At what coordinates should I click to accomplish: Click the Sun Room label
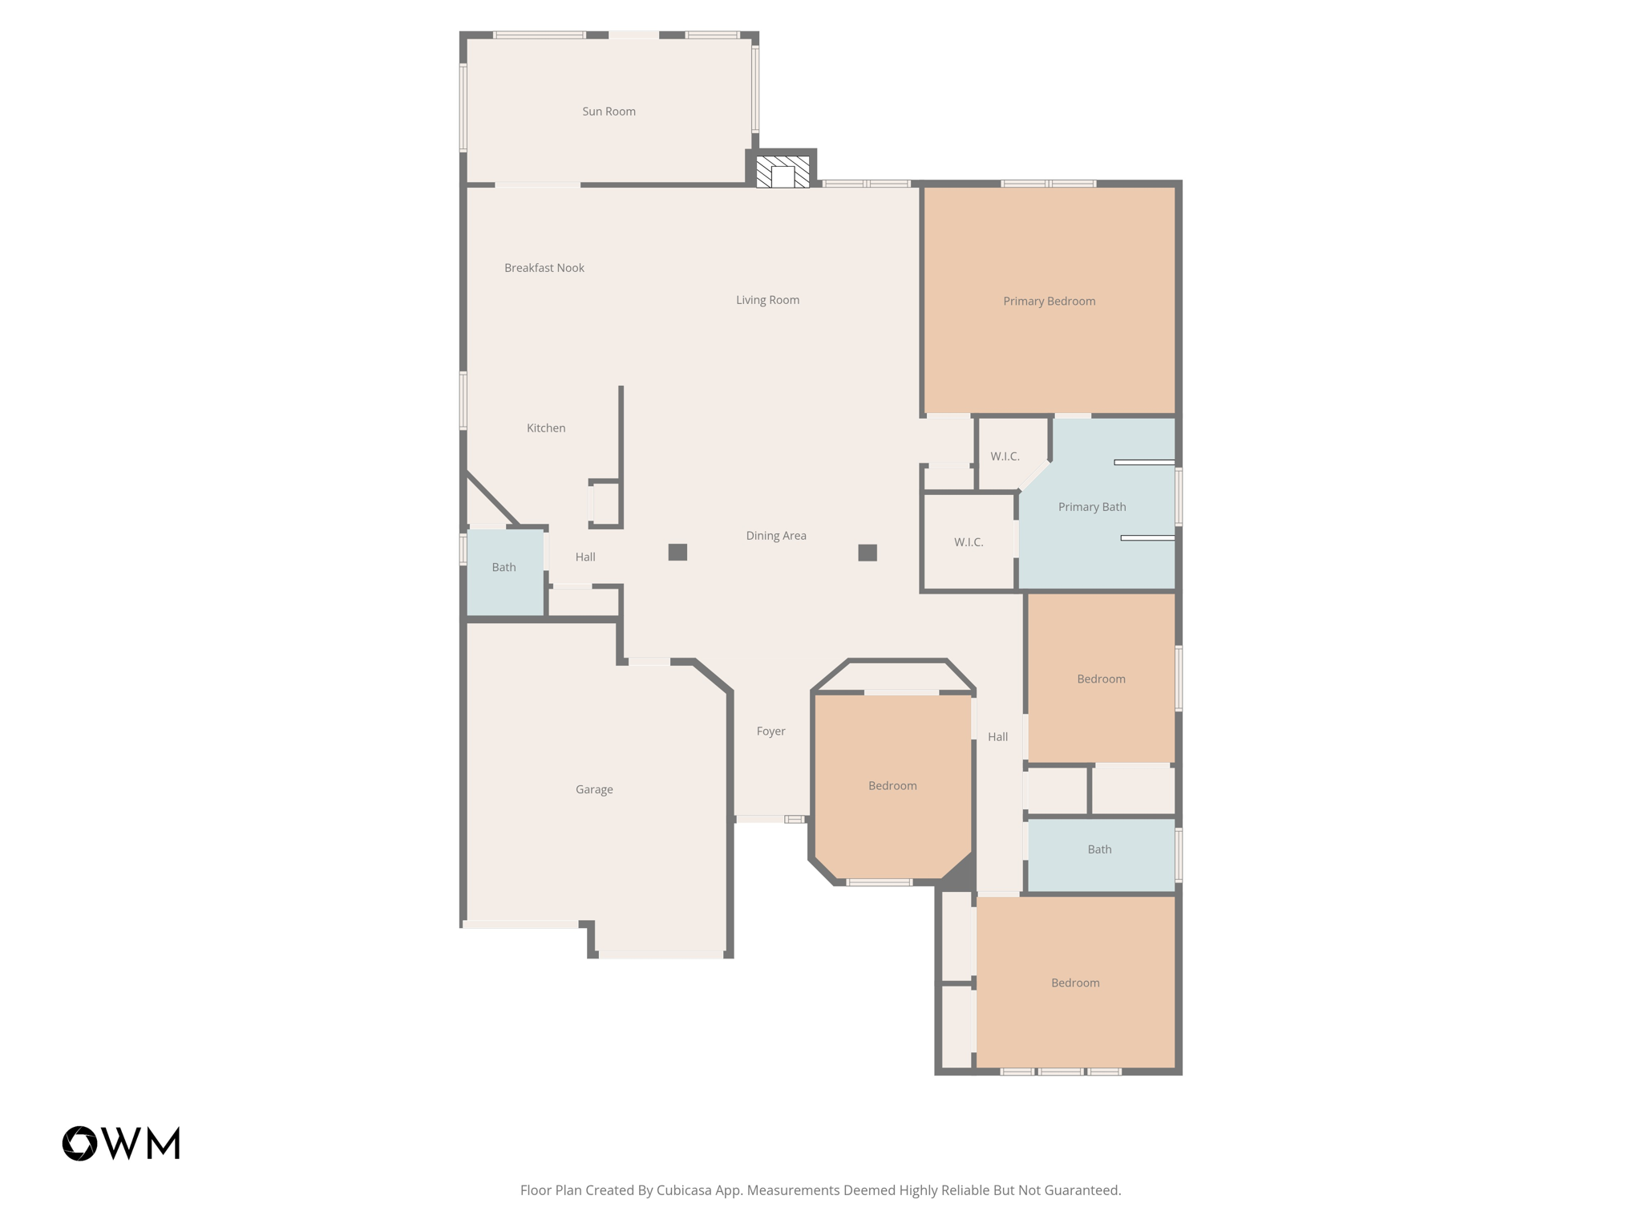click(x=609, y=111)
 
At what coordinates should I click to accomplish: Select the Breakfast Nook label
click(x=544, y=268)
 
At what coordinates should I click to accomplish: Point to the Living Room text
click(x=767, y=300)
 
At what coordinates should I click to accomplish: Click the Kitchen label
click(x=545, y=428)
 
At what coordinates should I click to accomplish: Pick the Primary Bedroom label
click(x=1049, y=302)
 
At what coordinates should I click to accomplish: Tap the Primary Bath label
click(x=1091, y=507)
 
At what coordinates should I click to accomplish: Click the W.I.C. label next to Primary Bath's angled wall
click(x=1004, y=456)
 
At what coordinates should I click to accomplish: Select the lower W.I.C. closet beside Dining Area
click(x=968, y=542)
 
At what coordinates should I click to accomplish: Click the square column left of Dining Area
click(x=677, y=552)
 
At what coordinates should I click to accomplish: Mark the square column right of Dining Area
click(x=867, y=553)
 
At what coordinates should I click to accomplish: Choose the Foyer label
click(x=770, y=731)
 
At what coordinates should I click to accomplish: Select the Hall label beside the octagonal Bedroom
click(x=997, y=737)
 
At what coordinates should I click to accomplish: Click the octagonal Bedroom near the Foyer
click(x=892, y=786)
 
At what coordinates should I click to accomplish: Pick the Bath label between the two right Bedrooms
click(x=1099, y=849)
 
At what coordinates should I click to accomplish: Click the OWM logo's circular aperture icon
click(x=80, y=1143)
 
